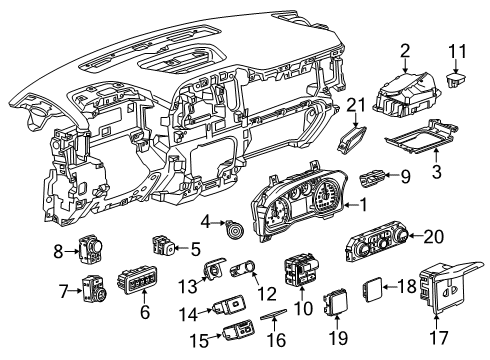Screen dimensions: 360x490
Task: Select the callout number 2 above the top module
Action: point(405,50)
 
